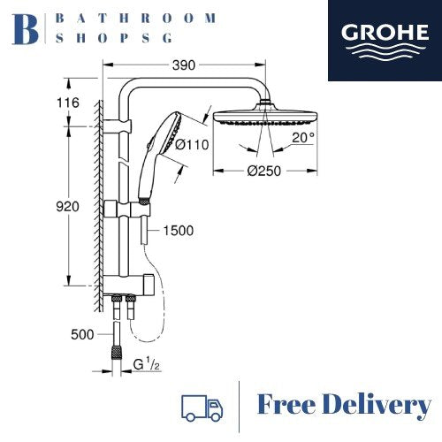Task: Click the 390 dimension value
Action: pos(184,65)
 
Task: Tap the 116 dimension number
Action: pos(68,103)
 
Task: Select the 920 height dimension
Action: pos(67,207)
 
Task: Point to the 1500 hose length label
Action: pos(179,231)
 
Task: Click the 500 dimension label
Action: pos(82,334)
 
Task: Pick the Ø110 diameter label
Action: pos(192,145)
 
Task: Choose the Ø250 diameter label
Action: pos(264,171)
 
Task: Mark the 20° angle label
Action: pos(303,137)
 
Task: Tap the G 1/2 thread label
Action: pos(146,364)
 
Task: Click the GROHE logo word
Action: pos(385,33)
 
